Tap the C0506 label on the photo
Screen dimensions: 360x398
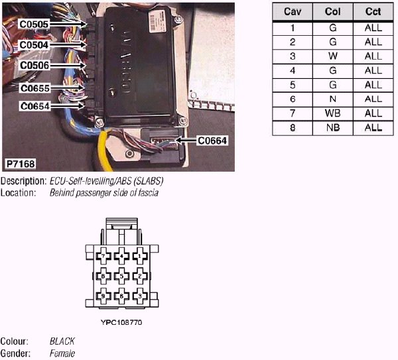point(34,66)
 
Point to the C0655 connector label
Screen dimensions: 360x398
point(34,88)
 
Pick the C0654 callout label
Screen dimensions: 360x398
point(34,106)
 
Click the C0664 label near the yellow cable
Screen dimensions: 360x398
point(212,141)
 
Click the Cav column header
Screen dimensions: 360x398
point(292,13)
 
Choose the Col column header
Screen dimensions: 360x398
point(332,13)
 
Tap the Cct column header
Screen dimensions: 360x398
point(373,13)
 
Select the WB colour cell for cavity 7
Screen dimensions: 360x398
point(332,113)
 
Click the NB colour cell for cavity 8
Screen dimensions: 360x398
point(332,127)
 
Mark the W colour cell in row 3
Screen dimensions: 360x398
point(332,56)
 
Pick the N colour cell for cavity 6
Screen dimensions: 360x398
point(332,99)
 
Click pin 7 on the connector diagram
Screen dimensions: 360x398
point(103,255)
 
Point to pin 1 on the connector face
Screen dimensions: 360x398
point(139,255)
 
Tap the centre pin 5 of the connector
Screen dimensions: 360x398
point(121,275)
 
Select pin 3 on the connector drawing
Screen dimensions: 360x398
point(139,296)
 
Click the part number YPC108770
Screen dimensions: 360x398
point(121,322)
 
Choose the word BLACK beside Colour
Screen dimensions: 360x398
point(62,341)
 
